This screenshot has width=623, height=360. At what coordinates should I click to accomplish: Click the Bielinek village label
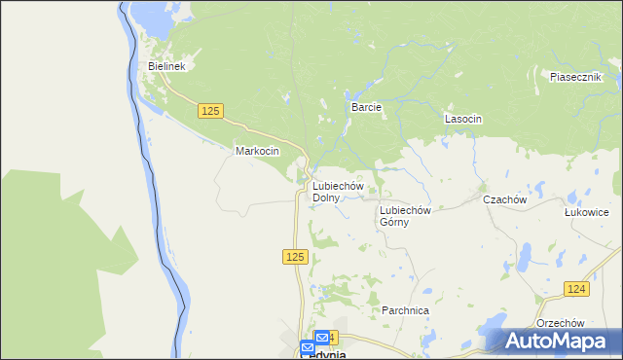[166, 66]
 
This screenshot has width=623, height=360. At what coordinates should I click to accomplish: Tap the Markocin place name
[257, 152]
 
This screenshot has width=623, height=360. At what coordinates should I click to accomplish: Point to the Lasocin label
[463, 119]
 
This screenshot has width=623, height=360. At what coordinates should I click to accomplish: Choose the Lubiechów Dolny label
[338, 192]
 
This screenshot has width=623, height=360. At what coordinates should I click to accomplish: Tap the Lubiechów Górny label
[405, 215]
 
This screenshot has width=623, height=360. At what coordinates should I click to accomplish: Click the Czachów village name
[504, 199]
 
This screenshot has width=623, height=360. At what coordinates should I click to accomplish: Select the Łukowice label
[586, 211]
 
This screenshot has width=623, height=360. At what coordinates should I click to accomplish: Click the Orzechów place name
[559, 323]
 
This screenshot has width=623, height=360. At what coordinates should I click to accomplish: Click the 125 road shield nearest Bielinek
[210, 112]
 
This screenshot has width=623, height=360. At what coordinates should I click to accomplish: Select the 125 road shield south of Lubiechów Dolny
[297, 257]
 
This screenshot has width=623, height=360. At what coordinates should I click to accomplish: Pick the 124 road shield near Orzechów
[576, 289]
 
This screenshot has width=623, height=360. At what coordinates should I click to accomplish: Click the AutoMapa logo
[557, 342]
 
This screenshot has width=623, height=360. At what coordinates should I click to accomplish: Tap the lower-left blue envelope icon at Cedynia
[309, 347]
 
